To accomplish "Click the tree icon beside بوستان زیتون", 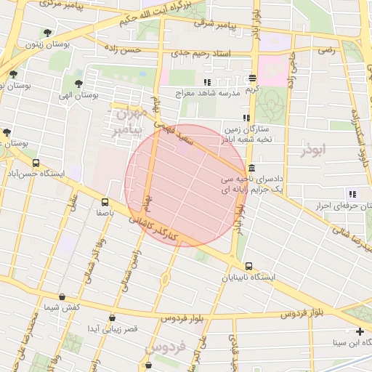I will pyautogui.click(x=48, y=32).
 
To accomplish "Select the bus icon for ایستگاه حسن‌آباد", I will pyautogui.click(x=36, y=163).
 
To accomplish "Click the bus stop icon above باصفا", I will pyautogui.click(x=105, y=203).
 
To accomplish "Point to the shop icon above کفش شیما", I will pyautogui.click(x=62, y=297).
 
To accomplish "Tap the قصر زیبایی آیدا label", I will pyautogui.click(x=113, y=329).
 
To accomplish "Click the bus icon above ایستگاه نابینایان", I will pyautogui.click(x=249, y=267).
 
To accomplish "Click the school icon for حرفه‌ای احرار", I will pyautogui.click(x=352, y=194).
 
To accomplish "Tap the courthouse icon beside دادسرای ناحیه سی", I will pyautogui.click(x=251, y=168).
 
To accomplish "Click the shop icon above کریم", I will pyautogui.click(x=252, y=78).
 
